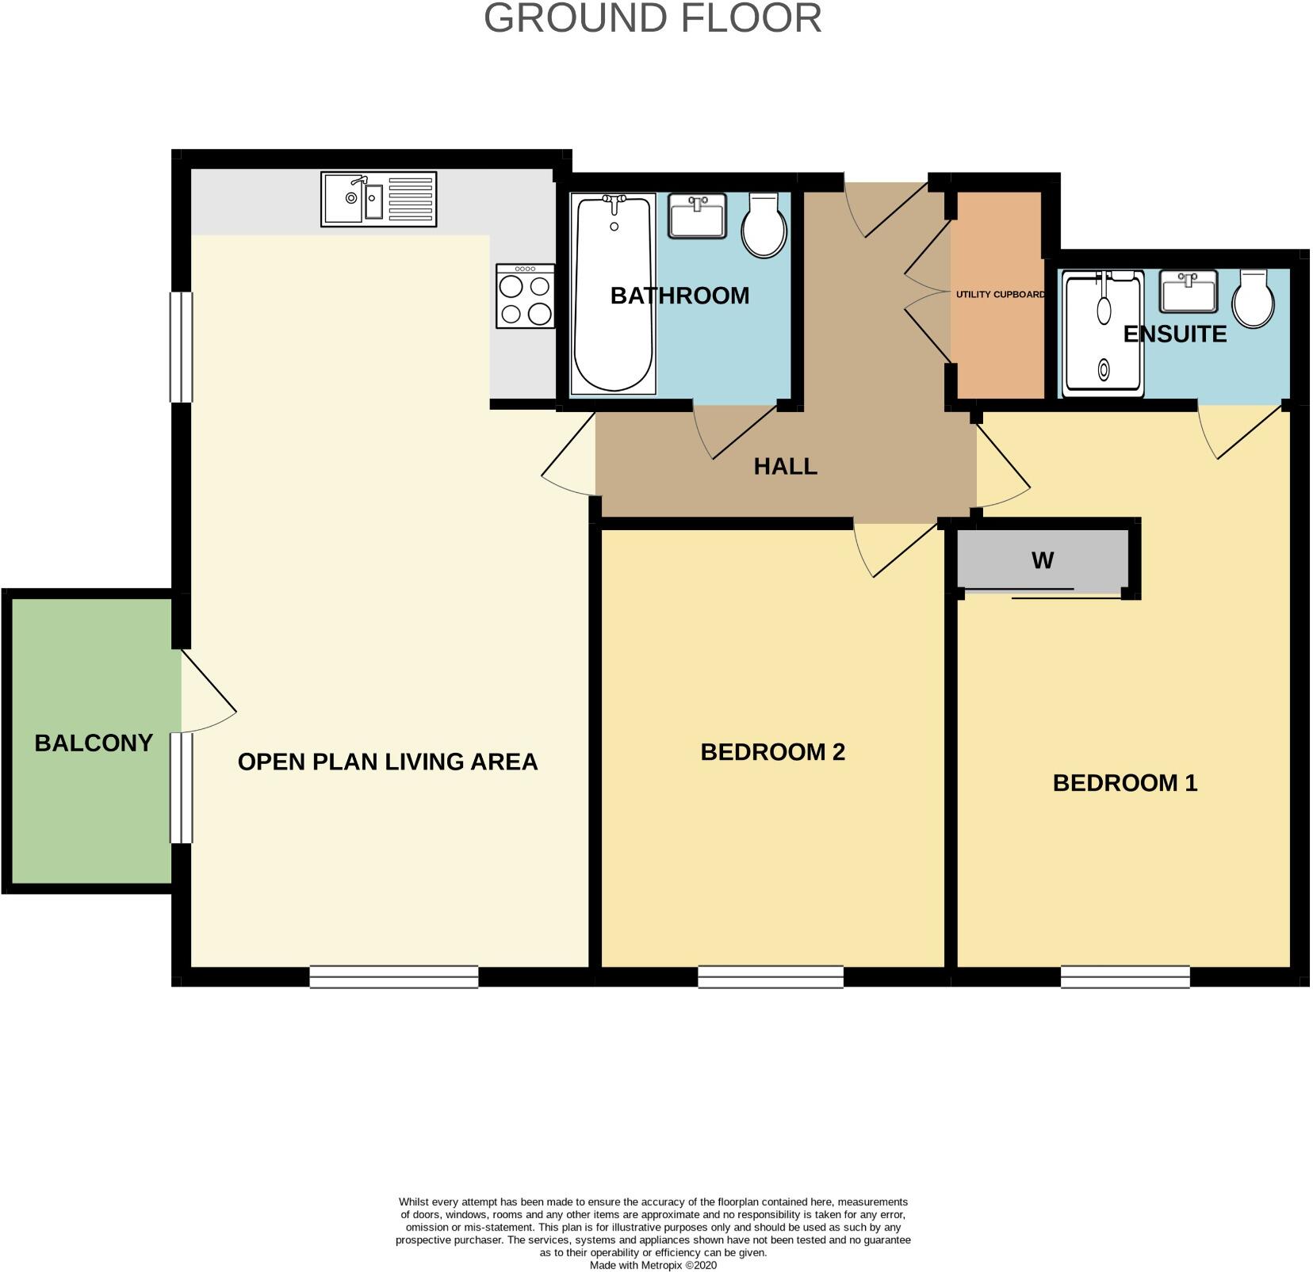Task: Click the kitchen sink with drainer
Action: pyautogui.click(x=378, y=200)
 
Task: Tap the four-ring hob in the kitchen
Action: pyautogui.click(x=525, y=296)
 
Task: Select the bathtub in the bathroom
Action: pyautogui.click(x=613, y=294)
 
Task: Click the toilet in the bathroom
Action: pyautogui.click(x=764, y=225)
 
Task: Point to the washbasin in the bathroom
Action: pyautogui.click(x=697, y=216)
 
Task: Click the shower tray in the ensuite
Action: pyautogui.click(x=1103, y=334)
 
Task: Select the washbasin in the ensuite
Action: pyautogui.click(x=1188, y=291)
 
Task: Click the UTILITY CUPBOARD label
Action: pyautogui.click(x=999, y=295)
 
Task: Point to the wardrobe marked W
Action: pyautogui.click(x=1042, y=561)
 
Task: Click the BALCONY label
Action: pyautogui.click(x=94, y=743)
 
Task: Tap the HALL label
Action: pyautogui.click(x=785, y=467)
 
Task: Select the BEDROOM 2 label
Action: pyautogui.click(x=772, y=752)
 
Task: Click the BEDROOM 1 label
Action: pyautogui.click(x=1124, y=783)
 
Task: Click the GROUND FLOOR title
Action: pyautogui.click(x=653, y=18)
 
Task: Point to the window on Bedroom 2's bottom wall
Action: pyautogui.click(x=770, y=976)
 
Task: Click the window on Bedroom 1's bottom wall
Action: pyautogui.click(x=1125, y=976)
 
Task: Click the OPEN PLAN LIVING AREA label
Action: pyautogui.click(x=388, y=762)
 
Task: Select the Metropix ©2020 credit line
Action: pyautogui.click(x=653, y=1266)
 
